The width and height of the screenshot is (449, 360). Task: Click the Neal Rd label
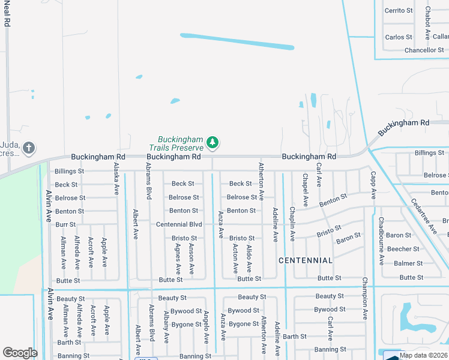point(7,14)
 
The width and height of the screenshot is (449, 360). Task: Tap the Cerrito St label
point(399,11)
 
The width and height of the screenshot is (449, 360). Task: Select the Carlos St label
point(399,37)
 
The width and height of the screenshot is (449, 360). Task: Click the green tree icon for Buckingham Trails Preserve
point(212,142)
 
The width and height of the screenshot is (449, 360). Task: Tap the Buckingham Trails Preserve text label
point(180,143)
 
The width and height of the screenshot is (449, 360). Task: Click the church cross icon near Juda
point(28,147)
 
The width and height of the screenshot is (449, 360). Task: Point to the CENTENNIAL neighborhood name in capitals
point(306,260)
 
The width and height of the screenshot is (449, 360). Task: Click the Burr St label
point(65,224)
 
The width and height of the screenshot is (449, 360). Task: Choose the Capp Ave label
point(373,185)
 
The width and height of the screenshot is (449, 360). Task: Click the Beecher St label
point(403,249)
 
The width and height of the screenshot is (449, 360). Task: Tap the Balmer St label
point(408,263)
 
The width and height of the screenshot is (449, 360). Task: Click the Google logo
point(20,353)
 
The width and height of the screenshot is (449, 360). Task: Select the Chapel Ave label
point(305,190)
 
